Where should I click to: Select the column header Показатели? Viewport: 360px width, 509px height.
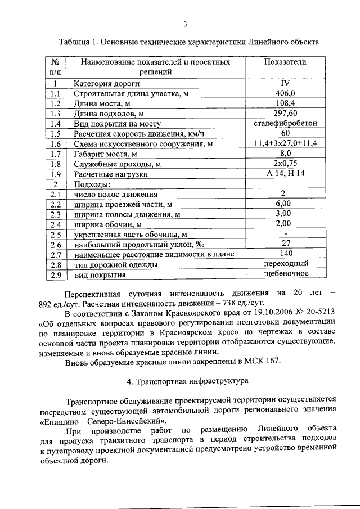285,62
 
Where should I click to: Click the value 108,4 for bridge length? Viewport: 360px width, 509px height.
285,103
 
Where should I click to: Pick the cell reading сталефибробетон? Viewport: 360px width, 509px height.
285,123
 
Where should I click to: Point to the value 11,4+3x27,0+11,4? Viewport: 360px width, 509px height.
285,143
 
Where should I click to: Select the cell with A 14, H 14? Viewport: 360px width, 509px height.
285,174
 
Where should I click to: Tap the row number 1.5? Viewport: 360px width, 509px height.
55,134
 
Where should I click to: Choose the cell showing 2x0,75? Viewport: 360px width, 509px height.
285,164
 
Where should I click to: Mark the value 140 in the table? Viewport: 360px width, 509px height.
285,254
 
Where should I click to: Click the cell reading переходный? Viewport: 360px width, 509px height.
285,264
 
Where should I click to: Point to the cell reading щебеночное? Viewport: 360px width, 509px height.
285,274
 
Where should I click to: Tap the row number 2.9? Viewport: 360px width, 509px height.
55,275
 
